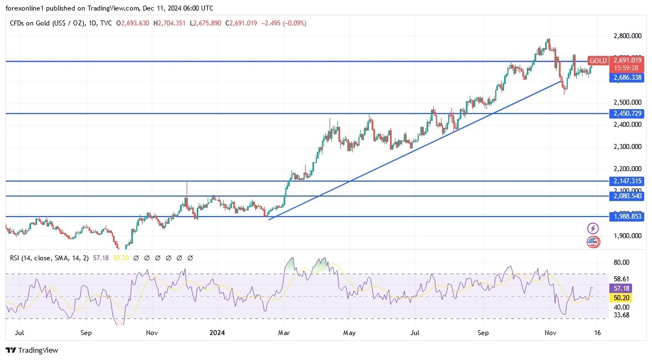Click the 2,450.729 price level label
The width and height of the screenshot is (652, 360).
(x=627, y=114)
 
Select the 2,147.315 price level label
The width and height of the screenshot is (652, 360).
(x=627, y=181)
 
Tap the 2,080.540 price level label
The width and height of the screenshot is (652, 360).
(x=627, y=196)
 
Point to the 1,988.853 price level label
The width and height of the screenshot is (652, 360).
(x=627, y=217)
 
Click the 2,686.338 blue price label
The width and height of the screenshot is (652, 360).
(x=627, y=78)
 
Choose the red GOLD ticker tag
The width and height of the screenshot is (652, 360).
(x=598, y=61)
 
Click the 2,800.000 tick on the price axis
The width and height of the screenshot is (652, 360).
(x=627, y=36)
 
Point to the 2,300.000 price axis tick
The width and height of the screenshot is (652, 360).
(x=627, y=147)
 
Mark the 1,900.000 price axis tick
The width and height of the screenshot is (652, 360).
(x=627, y=235)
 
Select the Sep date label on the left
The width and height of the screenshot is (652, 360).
(x=86, y=333)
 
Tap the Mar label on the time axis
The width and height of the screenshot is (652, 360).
(x=284, y=333)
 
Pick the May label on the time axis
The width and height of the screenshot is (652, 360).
(x=348, y=333)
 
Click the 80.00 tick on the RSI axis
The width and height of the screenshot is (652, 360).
(x=621, y=263)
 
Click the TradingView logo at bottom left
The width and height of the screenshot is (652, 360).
(x=32, y=350)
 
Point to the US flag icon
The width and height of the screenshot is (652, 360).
(x=593, y=241)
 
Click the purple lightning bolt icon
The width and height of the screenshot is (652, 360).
(x=593, y=228)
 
